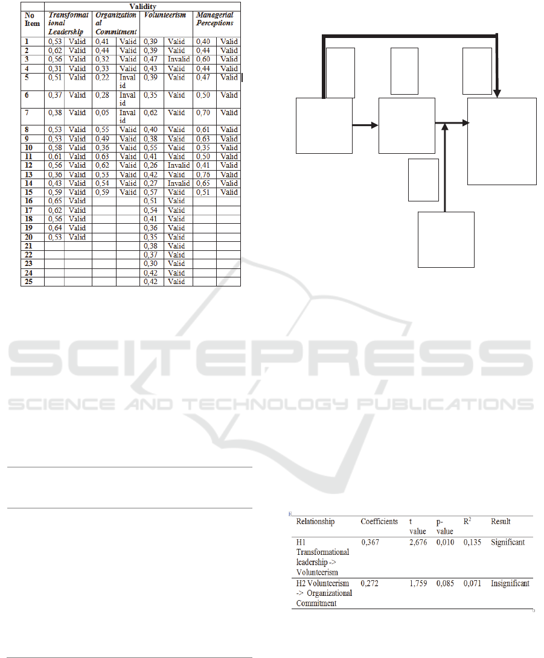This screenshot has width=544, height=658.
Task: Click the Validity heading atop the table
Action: click(x=142, y=7)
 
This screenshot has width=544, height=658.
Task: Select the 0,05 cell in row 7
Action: click(x=102, y=113)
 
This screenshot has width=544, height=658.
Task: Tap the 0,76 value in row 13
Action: click(x=203, y=174)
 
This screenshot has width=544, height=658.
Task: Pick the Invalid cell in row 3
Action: click(x=179, y=59)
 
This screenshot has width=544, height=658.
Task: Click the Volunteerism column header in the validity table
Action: click(x=165, y=15)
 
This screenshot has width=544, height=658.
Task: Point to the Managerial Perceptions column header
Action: click(x=215, y=19)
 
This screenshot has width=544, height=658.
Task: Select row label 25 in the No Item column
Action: click(x=28, y=282)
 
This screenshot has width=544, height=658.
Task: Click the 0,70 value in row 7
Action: click(x=203, y=113)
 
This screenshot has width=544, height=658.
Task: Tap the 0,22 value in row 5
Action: click(x=102, y=78)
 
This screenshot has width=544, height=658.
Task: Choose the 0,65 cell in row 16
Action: click(x=55, y=201)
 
